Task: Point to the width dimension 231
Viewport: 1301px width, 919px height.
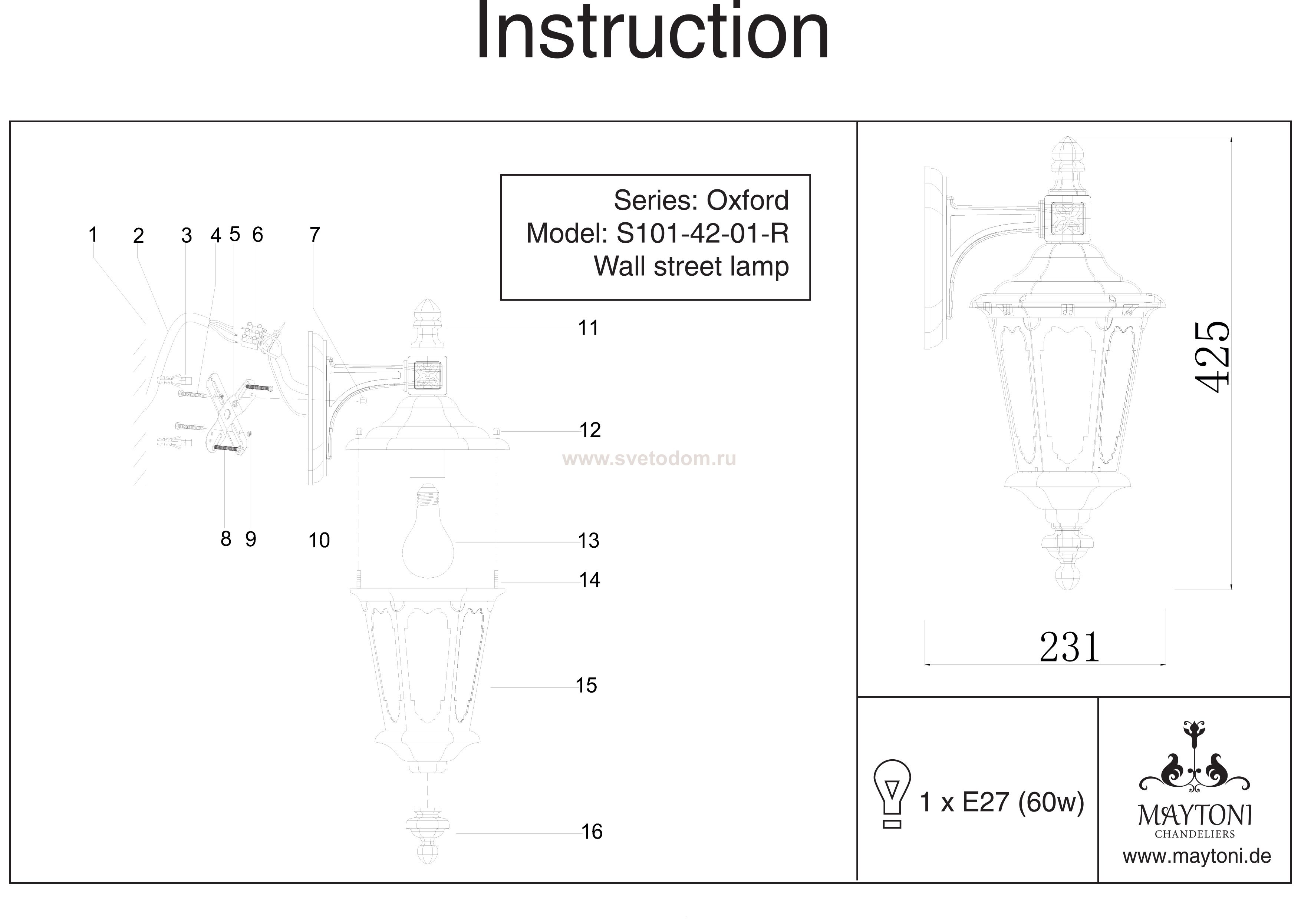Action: click(1069, 647)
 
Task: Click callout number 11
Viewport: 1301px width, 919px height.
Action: click(588, 328)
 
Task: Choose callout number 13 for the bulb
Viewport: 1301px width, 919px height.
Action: click(588, 541)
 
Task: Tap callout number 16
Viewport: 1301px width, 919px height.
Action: click(592, 832)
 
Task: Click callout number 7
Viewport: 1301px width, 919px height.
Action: click(314, 235)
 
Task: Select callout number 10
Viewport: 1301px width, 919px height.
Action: click(319, 540)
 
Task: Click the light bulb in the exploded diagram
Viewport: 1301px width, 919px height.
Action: click(428, 531)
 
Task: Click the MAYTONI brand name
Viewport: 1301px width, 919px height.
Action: click(1195, 816)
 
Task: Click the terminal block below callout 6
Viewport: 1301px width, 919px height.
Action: click(251, 335)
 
